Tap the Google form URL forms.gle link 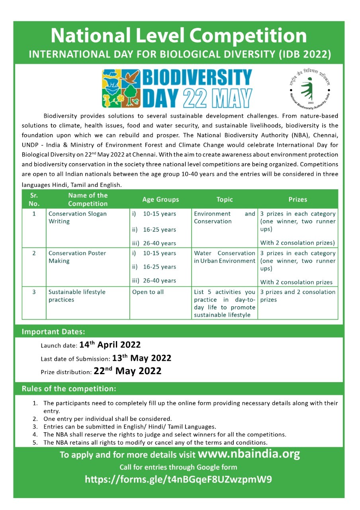coord(178,479)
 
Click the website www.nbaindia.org coord(248,454)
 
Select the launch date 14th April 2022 coord(110,345)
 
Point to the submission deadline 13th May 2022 coord(141,358)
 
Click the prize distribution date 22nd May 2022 coord(127,371)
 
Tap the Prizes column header coord(297,199)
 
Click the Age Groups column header coord(160,199)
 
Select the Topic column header coord(224,199)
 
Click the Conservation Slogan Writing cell coord(78,218)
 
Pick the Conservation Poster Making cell coord(77,257)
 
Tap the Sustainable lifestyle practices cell coord(77,296)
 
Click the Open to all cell coord(148,292)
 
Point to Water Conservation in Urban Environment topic coord(224,257)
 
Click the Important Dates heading coord(53,331)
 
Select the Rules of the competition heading coord(69,388)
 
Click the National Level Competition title coord(179,36)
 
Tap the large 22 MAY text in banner coord(217,98)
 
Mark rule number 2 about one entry coord(108,419)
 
